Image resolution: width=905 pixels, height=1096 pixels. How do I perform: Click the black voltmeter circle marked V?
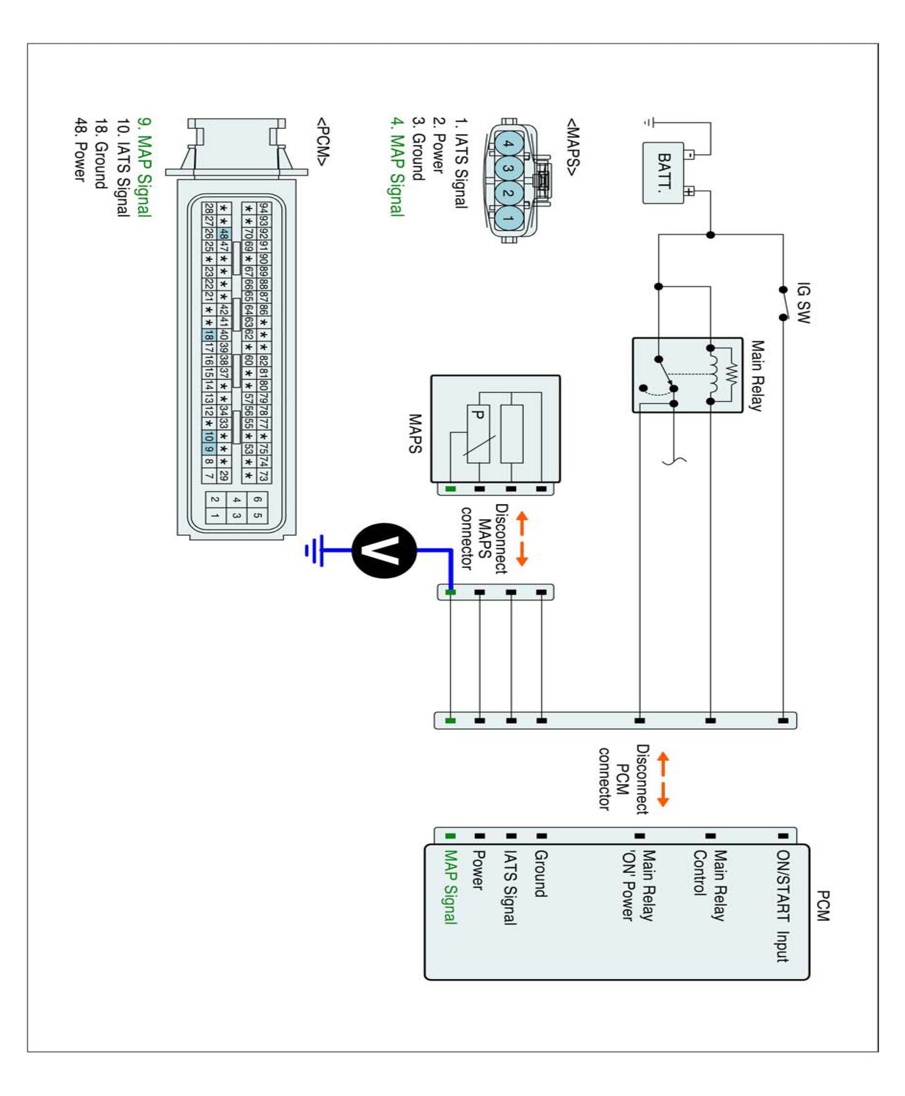pyautogui.click(x=384, y=550)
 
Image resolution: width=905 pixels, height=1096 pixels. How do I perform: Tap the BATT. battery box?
pyautogui.click(x=663, y=173)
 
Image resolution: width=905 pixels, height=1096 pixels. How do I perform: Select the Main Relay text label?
pyautogui.click(x=757, y=375)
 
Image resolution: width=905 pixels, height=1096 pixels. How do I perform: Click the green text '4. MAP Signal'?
pyautogui.click(x=397, y=167)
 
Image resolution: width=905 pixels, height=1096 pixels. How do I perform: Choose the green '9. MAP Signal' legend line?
pyautogui.click(x=144, y=167)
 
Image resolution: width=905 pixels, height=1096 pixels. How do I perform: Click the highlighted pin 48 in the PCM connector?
pyautogui.click(x=224, y=233)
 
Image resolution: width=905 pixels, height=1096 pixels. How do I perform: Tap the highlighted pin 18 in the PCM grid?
pyautogui.click(x=209, y=335)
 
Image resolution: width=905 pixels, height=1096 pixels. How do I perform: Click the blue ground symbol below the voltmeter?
pyautogui.click(x=315, y=550)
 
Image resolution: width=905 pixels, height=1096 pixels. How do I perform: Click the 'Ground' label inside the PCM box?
pyautogui.click(x=541, y=874)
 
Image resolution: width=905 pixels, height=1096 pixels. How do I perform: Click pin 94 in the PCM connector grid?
pyautogui.click(x=264, y=208)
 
